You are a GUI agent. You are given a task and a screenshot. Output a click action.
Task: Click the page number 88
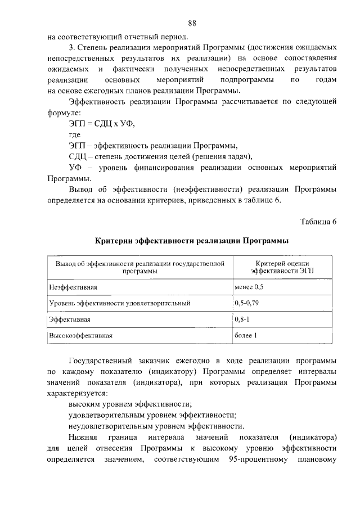192,23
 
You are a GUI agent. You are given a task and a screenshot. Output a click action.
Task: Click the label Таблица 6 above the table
317,221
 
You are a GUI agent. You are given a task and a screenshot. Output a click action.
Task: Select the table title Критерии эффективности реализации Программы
191,241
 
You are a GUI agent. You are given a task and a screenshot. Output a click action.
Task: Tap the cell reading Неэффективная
74,287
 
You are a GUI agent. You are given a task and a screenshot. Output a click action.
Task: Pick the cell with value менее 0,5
249,287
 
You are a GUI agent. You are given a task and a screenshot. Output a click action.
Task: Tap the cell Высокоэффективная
81,336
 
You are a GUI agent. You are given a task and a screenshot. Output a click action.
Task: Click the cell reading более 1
245,336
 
